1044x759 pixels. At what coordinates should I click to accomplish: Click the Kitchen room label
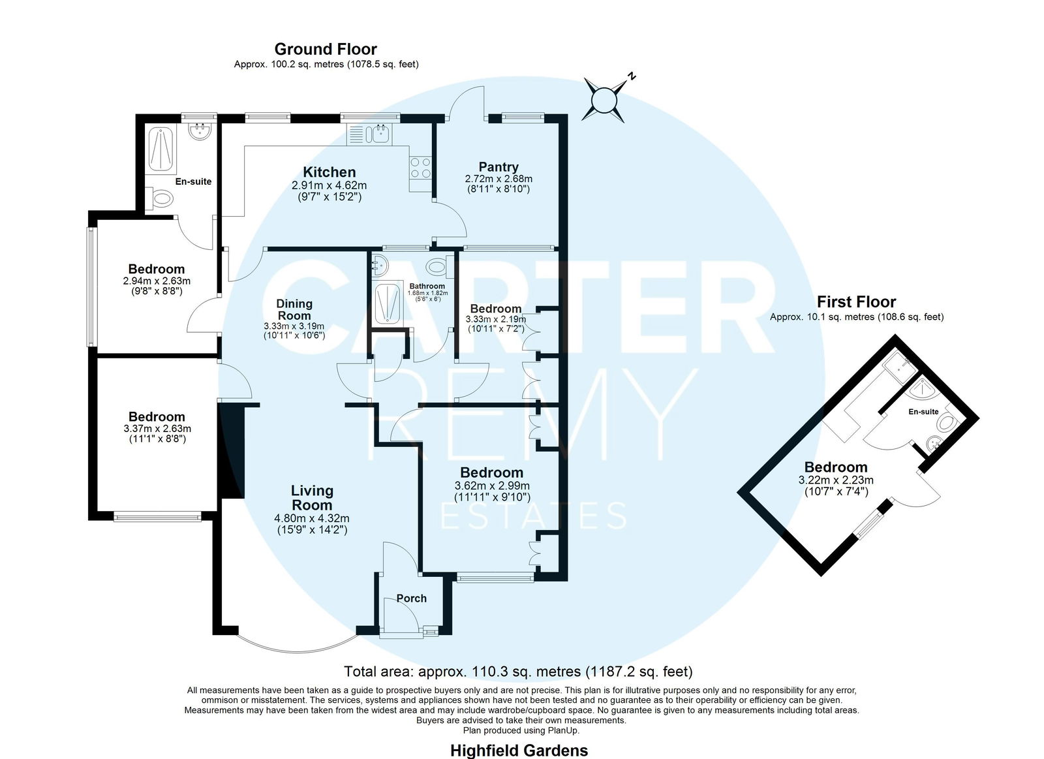[x=329, y=172]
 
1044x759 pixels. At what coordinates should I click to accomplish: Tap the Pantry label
[x=499, y=167]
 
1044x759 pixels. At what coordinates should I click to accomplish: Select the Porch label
[x=412, y=598]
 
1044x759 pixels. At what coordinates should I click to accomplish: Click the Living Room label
[x=312, y=497]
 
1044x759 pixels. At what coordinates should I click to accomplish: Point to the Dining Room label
[x=294, y=309]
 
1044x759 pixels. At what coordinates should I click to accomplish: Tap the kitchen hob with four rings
[x=420, y=167]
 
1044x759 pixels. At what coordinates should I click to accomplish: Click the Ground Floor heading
[x=326, y=49]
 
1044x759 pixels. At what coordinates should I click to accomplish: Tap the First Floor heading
[x=856, y=302]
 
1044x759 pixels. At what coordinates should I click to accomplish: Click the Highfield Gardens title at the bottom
[x=519, y=750]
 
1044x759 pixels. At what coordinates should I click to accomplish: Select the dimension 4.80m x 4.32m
[x=312, y=518]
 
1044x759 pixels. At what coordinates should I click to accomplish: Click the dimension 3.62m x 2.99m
[x=492, y=486]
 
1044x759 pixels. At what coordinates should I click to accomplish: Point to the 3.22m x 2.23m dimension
[x=836, y=480]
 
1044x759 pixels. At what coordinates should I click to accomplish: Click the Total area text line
[x=518, y=672]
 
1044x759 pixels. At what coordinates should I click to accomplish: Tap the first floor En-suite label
[x=923, y=412]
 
